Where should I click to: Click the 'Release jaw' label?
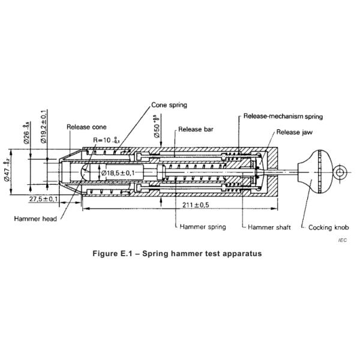click(x=295, y=131)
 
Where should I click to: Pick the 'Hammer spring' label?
click(x=203, y=227)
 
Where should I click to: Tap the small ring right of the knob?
click(x=341, y=173)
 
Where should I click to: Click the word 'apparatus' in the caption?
click(x=239, y=253)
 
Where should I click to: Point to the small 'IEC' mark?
click(x=342, y=240)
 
